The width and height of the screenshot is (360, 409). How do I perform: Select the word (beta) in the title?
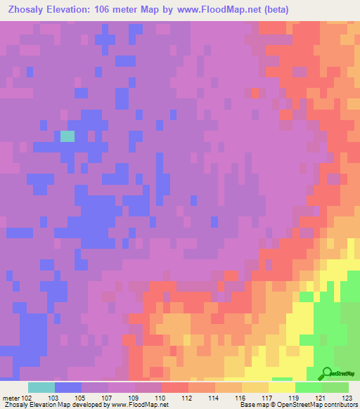point(272,10)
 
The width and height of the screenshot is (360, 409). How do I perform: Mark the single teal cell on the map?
point(67,136)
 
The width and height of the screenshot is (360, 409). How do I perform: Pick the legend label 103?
point(53,397)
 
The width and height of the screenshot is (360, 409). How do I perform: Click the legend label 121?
point(320,397)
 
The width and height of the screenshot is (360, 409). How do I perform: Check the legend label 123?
point(346,397)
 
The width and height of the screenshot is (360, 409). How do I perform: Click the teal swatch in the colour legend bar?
point(41,387)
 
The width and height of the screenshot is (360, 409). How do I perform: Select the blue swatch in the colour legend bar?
point(68,387)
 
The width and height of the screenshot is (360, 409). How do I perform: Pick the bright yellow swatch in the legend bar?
point(282,387)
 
